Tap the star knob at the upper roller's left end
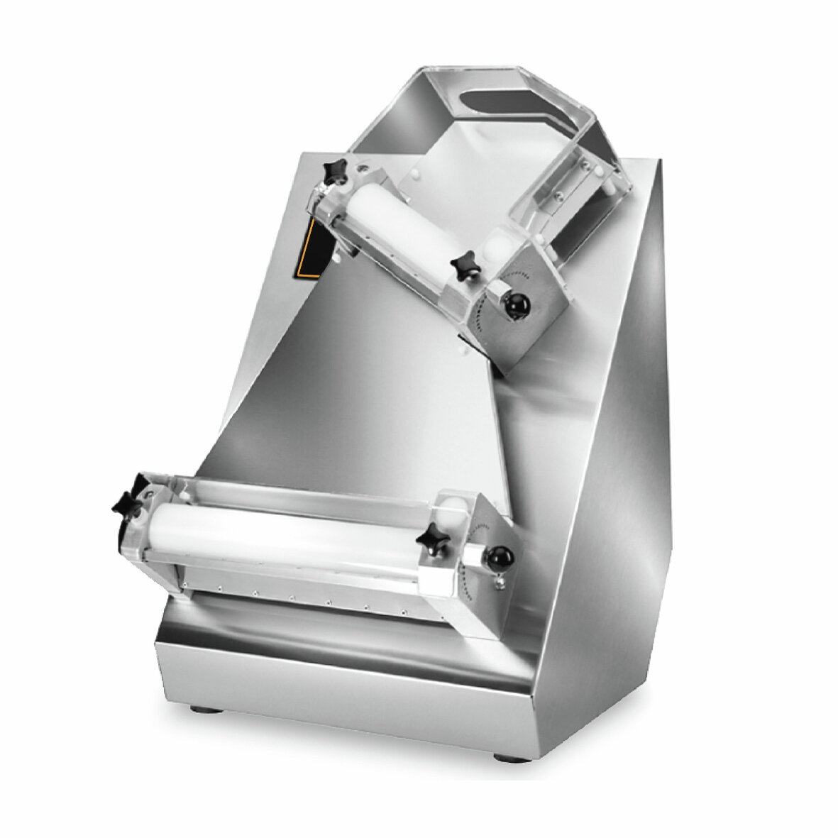pyautogui.click(x=334, y=171)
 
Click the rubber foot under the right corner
pyautogui.click(x=509, y=757)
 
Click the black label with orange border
pyautogui.click(x=311, y=248)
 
